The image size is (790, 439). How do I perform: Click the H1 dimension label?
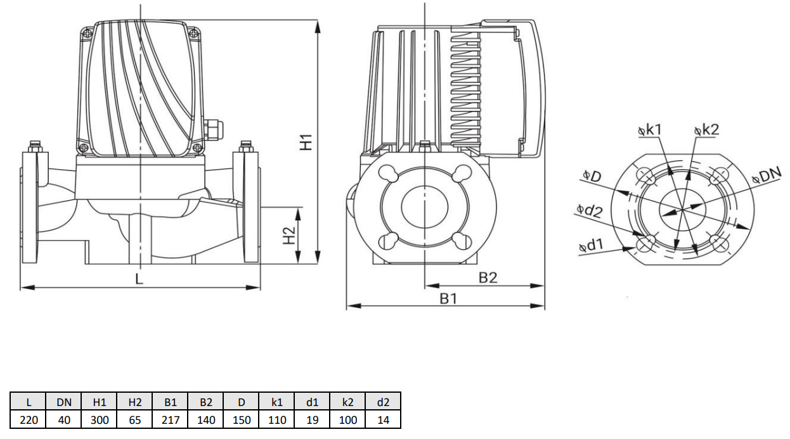[306, 142]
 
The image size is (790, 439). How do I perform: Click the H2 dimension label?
[289, 236]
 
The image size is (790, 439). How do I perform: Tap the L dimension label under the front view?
[139, 278]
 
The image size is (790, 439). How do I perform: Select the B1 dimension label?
[448, 298]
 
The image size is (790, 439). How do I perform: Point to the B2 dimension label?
[488, 277]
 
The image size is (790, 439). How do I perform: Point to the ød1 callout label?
[591, 246]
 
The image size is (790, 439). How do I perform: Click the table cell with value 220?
[29, 419]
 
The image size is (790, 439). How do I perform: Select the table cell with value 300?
[100, 419]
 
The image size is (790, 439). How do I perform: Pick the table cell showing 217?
[171, 419]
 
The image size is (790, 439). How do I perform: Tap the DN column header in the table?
[64, 402]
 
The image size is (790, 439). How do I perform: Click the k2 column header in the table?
[348, 402]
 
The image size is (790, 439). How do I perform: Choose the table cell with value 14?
[383, 419]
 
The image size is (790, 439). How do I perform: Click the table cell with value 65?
[135, 419]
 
